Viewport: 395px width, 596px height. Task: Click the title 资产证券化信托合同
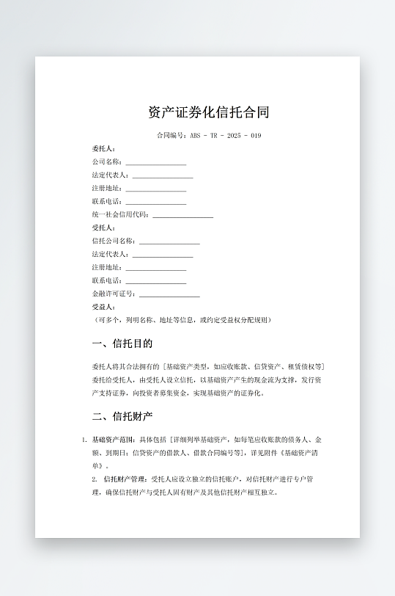point(209,112)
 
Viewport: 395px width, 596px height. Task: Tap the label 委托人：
point(104,149)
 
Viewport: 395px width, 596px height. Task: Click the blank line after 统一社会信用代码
point(182,216)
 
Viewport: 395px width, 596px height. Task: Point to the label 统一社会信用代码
point(120,214)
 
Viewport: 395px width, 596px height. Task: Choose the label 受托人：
point(104,228)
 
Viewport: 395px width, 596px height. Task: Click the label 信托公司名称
point(114,241)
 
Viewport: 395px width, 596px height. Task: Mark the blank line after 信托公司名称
point(169,242)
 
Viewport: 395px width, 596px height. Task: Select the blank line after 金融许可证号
point(169,295)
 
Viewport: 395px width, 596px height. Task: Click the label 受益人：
point(104,307)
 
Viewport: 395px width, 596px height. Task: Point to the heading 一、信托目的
point(122,344)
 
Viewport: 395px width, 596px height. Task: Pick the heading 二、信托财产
point(122,417)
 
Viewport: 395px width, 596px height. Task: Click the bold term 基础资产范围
point(112,440)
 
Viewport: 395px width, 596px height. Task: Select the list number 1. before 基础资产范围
point(84,440)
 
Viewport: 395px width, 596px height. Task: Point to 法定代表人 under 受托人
point(110,254)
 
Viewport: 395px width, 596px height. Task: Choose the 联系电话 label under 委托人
point(107,201)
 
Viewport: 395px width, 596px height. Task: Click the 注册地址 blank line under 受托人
point(156,269)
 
